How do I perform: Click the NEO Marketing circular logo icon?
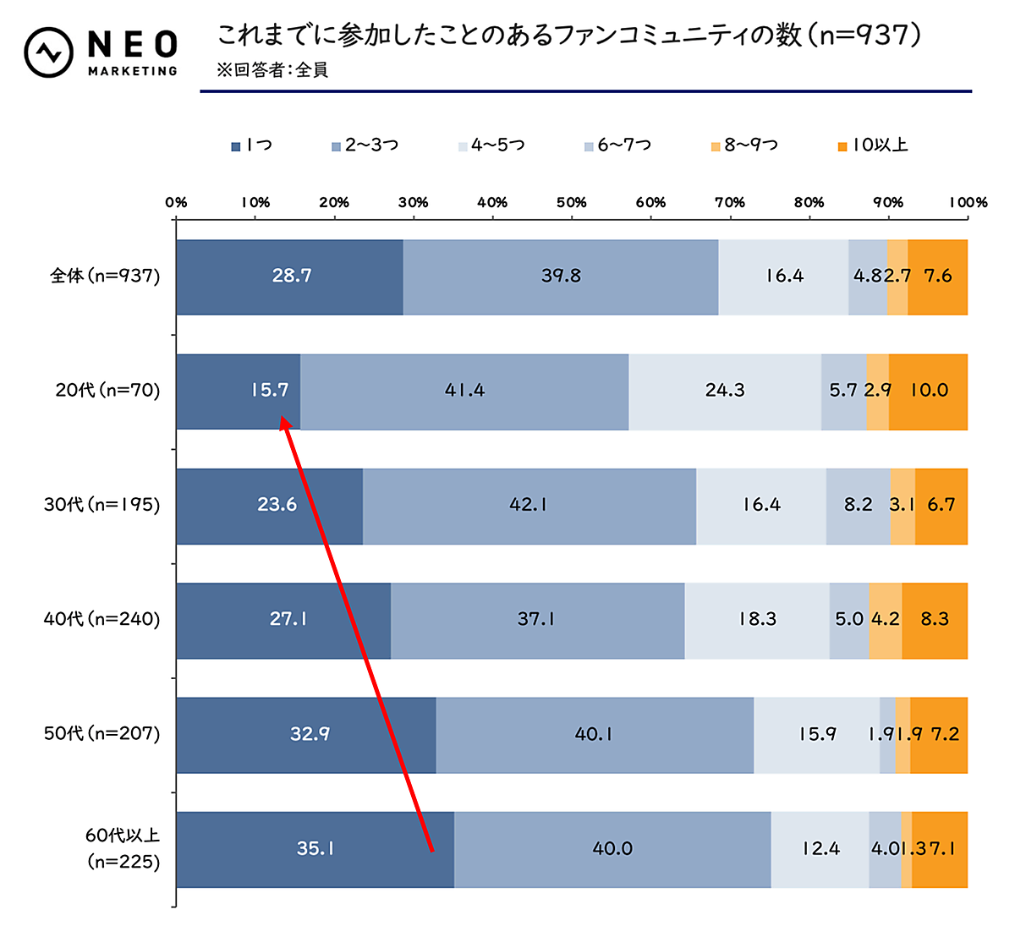pyautogui.click(x=49, y=52)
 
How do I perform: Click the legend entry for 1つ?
pyautogui.click(x=252, y=145)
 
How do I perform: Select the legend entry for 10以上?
pyautogui.click(x=872, y=145)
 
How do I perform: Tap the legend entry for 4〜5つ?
pyautogui.click(x=491, y=145)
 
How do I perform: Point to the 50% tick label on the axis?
pyautogui.click(x=571, y=202)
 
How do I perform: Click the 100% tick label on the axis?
pyautogui.click(x=967, y=202)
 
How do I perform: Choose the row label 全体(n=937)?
pyautogui.click(x=105, y=276)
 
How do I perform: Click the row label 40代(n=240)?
pyautogui.click(x=102, y=619)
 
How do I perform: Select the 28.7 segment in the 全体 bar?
pyautogui.click(x=290, y=277)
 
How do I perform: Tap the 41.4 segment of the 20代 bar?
pyautogui.click(x=464, y=391)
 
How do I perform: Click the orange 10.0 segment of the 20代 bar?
pyautogui.click(x=929, y=391)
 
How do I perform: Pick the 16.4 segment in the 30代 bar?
pyautogui.click(x=761, y=505)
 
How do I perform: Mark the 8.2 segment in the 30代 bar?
pyautogui.click(x=858, y=505)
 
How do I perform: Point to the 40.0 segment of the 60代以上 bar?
pyautogui.click(x=612, y=849)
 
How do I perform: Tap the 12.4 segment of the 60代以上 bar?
pyautogui.click(x=820, y=849)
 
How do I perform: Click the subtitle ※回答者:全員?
pyautogui.click(x=272, y=70)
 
